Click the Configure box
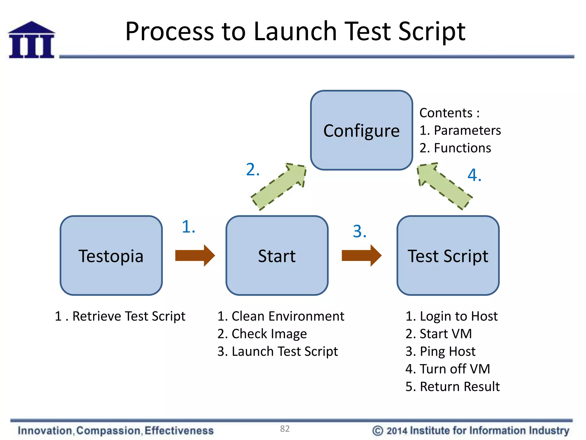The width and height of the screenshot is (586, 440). [361, 130]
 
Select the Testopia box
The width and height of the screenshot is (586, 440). [111, 256]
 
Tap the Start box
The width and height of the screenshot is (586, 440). [277, 256]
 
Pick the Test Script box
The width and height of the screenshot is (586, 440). [448, 256]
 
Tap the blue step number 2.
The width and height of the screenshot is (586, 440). [253, 170]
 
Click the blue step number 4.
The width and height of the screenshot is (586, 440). [474, 175]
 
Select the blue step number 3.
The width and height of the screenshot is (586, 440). [359, 231]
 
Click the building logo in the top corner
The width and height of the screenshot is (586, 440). [31, 40]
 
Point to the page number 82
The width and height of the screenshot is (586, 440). [285, 429]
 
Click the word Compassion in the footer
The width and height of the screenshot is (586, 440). [108, 431]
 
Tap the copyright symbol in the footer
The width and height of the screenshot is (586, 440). [377, 431]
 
